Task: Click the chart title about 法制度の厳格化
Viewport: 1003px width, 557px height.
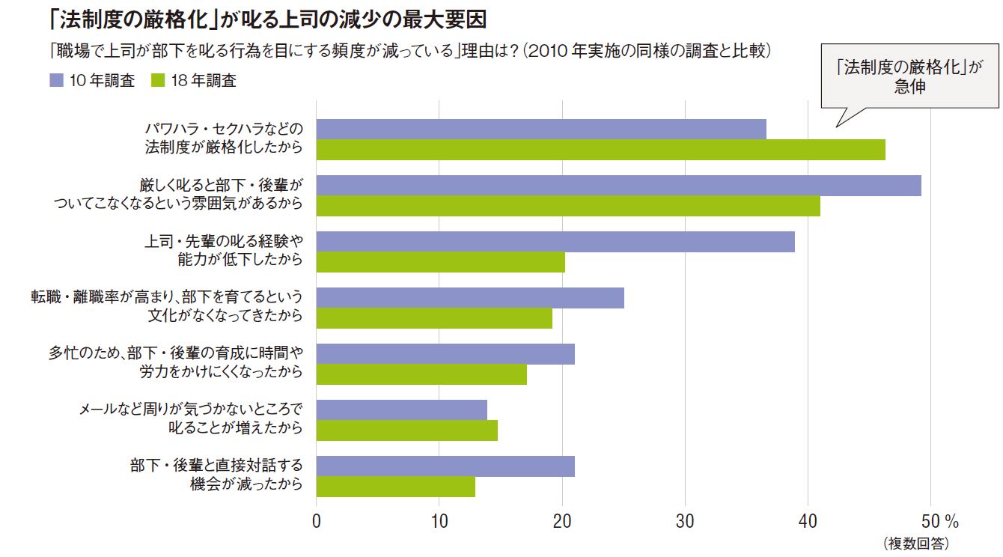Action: click(x=269, y=17)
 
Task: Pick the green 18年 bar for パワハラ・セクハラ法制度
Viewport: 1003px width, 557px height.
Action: click(x=600, y=150)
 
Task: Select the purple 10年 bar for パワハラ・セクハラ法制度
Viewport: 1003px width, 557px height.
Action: click(x=541, y=129)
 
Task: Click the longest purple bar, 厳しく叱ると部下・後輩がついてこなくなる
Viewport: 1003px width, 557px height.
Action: click(x=618, y=185)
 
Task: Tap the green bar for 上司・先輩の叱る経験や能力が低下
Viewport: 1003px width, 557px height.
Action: click(x=440, y=262)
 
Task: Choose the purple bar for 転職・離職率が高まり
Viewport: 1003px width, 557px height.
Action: click(x=470, y=298)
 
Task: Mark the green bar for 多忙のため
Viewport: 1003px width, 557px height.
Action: click(x=421, y=374)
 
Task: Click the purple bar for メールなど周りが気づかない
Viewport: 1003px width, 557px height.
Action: click(x=401, y=410)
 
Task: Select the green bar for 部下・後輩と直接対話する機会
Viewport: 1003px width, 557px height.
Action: click(x=395, y=487)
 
